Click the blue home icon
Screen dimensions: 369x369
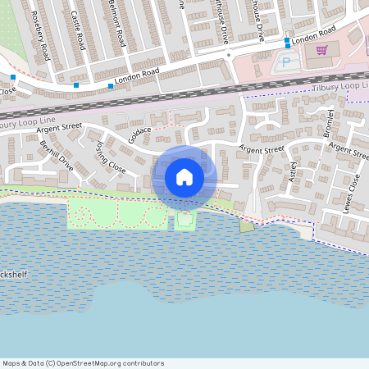pos(184,177)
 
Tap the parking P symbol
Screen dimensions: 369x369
pos(286,61)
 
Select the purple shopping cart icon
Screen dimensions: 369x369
pos(321,51)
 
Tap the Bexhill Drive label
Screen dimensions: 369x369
pos(57,156)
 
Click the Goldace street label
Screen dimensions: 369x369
pos(140,134)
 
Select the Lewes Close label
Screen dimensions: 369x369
pos(353,193)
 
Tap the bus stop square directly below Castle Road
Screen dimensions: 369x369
pos(76,85)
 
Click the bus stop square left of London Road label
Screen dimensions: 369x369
pos(111,85)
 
